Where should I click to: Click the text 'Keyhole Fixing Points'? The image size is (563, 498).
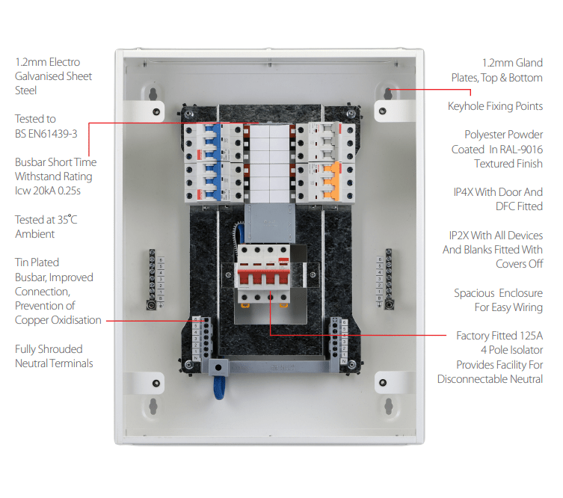[x=495, y=106]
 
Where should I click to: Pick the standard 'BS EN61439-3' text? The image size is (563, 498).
[x=46, y=134]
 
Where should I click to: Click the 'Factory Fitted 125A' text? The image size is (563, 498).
[x=499, y=336]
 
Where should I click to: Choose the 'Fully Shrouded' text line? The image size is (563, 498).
[x=49, y=349]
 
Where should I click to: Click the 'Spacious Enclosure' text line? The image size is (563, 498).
[x=498, y=293]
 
